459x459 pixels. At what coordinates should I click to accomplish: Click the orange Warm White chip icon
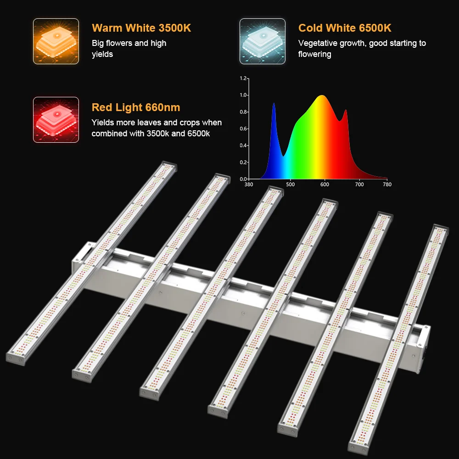(56, 41)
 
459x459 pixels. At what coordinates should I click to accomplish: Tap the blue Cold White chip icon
(262, 41)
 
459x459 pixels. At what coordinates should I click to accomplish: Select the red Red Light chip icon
(56, 120)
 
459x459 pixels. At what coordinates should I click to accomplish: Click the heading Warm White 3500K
(141, 28)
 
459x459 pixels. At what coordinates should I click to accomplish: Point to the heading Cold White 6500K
(345, 28)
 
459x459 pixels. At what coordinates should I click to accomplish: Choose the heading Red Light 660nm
(136, 107)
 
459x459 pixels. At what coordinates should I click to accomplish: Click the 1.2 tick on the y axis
(243, 78)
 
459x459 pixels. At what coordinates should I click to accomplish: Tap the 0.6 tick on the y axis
(243, 129)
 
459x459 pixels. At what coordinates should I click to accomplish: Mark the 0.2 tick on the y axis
(243, 162)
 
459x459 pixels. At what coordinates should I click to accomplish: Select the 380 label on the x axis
(248, 185)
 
